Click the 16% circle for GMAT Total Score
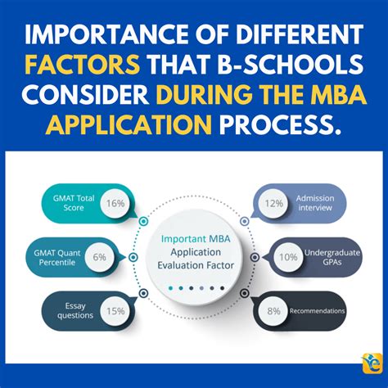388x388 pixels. coord(115,203)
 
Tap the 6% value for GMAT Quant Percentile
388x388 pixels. coord(99,257)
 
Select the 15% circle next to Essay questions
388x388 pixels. coord(115,311)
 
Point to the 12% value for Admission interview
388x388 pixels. coord(273,203)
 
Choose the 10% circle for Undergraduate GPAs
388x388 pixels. coord(288,257)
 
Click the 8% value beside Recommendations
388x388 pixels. coord(273,311)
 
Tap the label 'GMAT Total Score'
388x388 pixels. coord(74,203)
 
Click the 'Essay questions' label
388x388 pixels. coord(75,311)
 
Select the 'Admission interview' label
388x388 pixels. coord(315,203)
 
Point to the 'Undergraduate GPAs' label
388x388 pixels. coord(332,257)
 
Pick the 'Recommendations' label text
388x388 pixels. coord(317,311)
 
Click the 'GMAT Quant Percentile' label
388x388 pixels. coord(57,258)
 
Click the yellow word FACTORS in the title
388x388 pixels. coord(83,65)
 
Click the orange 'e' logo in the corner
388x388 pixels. coord(372,363)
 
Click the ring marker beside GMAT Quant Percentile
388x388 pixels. coord(133,257)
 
